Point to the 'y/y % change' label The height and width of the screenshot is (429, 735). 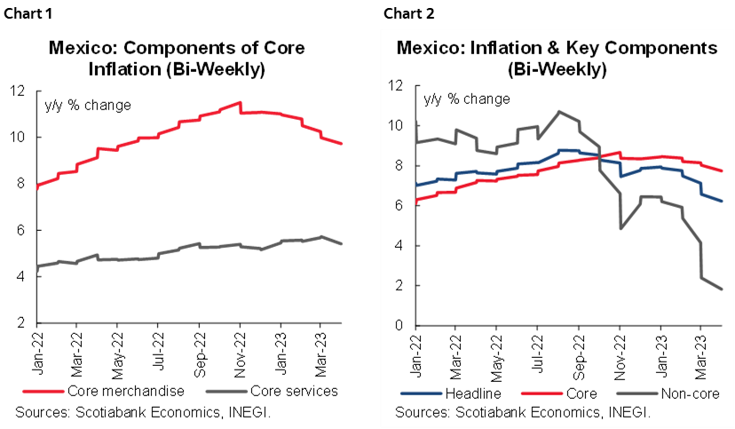coord(466,99)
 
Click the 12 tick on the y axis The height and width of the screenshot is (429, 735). coord(396,86)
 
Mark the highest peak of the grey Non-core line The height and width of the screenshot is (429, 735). coord(558,111)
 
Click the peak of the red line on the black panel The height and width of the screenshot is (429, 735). coord(240,103)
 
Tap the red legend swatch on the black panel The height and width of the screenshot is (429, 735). coord(43,390)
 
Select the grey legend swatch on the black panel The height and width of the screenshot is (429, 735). coord(226,390)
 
